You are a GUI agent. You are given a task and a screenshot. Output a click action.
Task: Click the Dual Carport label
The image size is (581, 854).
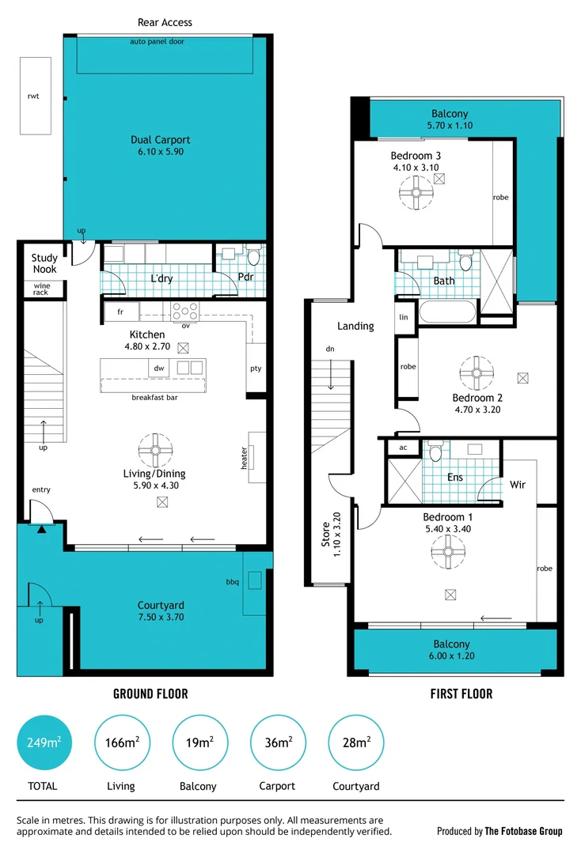[x=161, y=145]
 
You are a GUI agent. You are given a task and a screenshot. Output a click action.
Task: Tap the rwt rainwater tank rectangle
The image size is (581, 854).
[x=35, y=96]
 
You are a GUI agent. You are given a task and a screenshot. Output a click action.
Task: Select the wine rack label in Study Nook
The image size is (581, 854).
[x=41, y=289]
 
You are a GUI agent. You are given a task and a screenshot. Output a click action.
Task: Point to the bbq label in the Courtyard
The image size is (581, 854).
[x=231, y=581]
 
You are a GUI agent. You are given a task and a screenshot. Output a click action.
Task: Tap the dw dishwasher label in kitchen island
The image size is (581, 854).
[x=158, y=368]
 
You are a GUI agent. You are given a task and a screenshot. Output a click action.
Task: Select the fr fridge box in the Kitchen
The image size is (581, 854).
[x=120, y=312]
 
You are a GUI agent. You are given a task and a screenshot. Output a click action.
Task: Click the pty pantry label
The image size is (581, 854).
[x=256, y=368]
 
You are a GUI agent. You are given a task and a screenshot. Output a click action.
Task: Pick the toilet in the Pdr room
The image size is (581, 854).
[x=253, y=255]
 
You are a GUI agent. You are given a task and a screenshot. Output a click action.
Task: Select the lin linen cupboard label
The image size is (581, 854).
[x=404, y=316]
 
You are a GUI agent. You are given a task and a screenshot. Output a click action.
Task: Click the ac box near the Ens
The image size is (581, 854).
[x=403, y=447]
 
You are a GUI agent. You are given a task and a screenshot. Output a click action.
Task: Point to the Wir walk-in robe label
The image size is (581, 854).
[x=518, y=484]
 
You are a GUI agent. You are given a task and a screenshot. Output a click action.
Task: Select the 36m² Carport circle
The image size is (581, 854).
[x=278, y=743]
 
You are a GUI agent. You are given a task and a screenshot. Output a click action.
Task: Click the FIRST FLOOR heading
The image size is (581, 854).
[x=461, y=693]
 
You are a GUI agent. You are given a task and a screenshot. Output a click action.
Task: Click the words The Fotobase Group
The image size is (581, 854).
[x=524, y=831]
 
